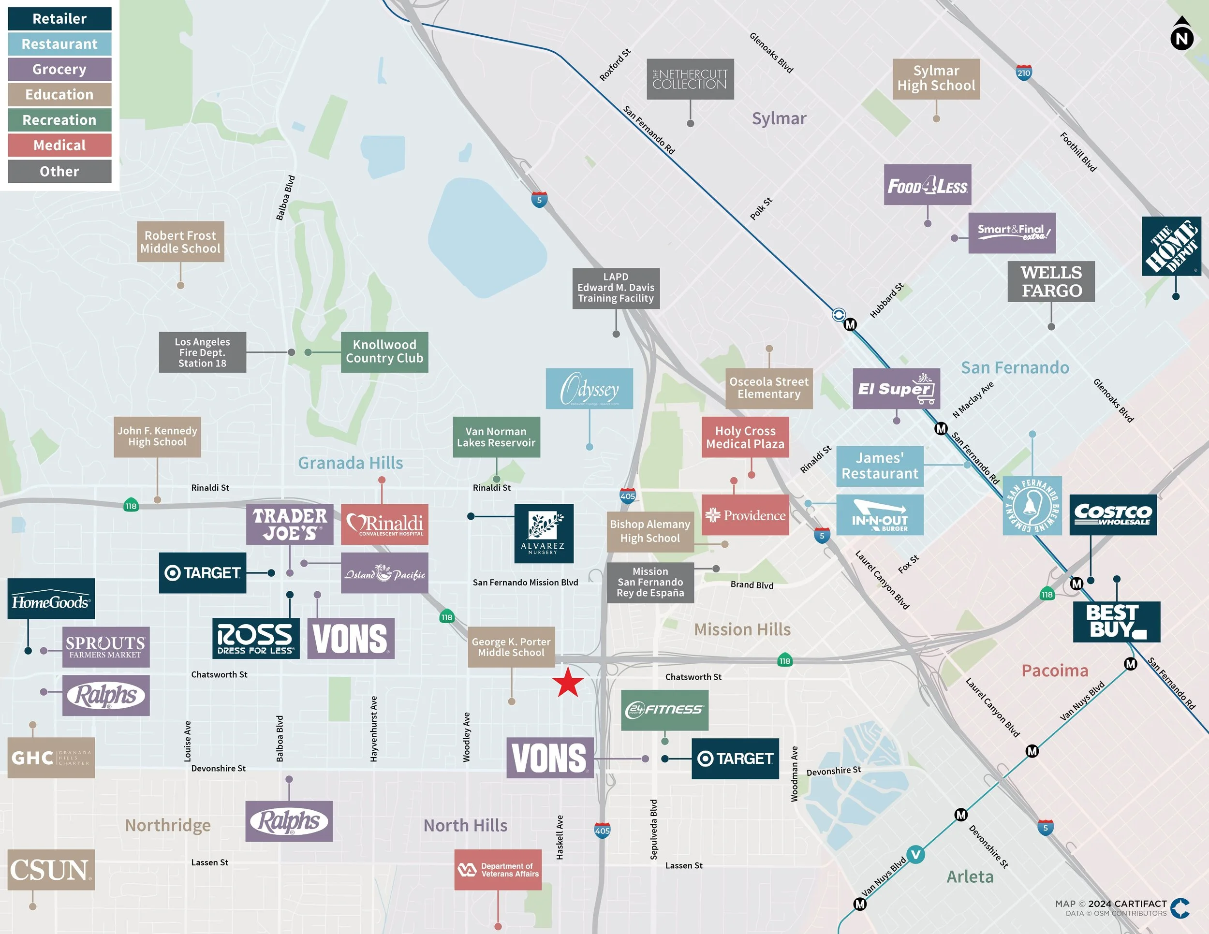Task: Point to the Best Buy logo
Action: (1116, 621)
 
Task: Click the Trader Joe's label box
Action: (290, 524)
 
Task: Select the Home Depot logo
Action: (1171, 246)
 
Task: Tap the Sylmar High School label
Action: (936, 79)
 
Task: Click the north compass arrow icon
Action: (1181, 33)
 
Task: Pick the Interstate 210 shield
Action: (1024, 73)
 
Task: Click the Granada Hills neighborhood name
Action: (351, 463)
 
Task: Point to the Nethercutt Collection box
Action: (690, 79)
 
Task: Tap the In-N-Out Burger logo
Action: (879, 514)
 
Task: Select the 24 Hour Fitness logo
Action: (664, 710)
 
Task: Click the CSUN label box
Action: (51, 870)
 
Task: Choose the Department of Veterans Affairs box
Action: (498, 870)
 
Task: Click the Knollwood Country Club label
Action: (384, 352)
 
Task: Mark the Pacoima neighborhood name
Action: (1055, 671)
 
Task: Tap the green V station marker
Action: (915, 854)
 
